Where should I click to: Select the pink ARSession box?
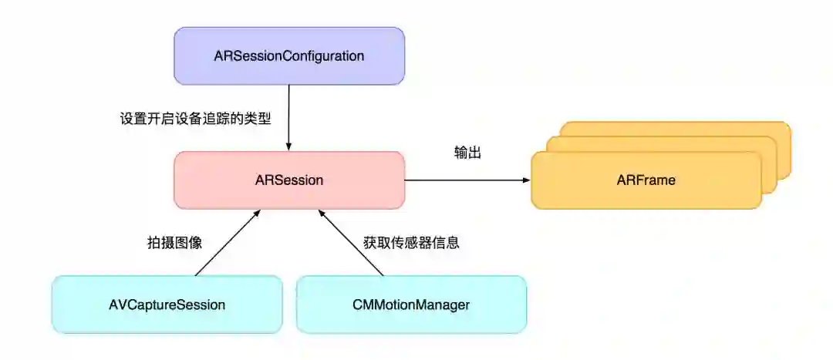(x=231, y=180)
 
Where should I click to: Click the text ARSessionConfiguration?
(x=288, y=56)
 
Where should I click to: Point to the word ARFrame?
(x=646, y=180)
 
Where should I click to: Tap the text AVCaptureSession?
(x=167, y=304)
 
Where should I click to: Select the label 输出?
(x=467, y=153)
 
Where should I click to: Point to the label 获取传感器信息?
(x=411, y=242)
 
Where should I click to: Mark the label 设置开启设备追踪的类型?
(x=195, y=119)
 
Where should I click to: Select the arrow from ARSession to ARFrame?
(x=467, y=180)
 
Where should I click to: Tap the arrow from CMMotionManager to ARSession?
(x=351, y=242)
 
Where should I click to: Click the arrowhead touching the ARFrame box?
(x=526, y=180)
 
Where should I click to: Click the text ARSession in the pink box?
(x=288, y=180)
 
